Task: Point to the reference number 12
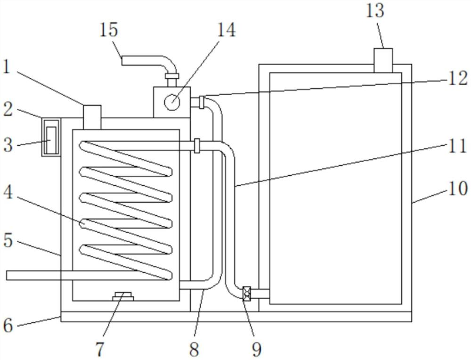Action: click(x=457, y=78)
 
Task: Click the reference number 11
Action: click(x=457, y=147)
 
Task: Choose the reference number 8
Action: click(x=194, y=349)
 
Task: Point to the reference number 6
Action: click(x=8, y=325)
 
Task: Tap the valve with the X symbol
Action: click(x=246, y=294)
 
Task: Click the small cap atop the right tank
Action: click(x=383, y=60)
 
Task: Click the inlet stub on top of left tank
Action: click(x=92, y=116)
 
